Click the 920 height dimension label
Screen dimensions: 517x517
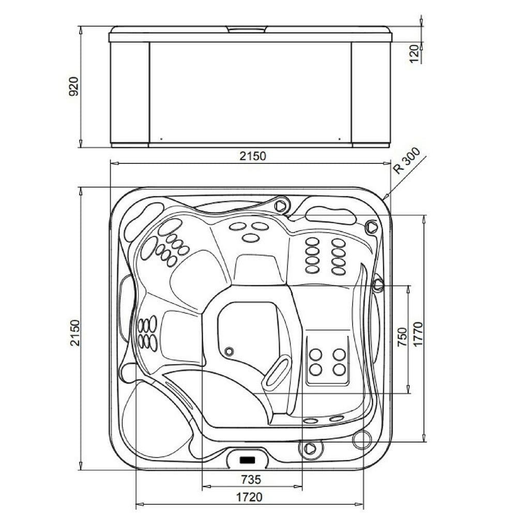pyautogui.click(x=73, y=86)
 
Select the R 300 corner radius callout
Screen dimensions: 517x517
pyautogui.click(x=407, y=161)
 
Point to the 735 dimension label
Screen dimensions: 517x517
pyautogui.click(x=251, y=479)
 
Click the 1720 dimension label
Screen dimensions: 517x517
pyautogui.click(x=250, y=497)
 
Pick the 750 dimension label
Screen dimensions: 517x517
pyautogui.click(x=402, y=337)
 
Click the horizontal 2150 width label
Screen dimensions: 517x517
pyautogui.click(x=253, y=156)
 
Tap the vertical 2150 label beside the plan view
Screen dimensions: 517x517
pyautogui.click(x=75, y=332)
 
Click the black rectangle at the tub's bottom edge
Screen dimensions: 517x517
pyautogui.click(x=248, y=459)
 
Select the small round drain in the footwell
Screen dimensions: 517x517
pyautogui.click(x=229, y=351)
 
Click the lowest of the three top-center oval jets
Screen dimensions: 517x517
pyautogui.click(x=251, y=238)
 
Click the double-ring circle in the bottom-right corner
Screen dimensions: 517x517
pyautogui.click(x=362, y=440)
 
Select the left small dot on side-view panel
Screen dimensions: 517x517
pyautogui.click(x=161, y=139)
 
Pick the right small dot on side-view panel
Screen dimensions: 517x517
pyautogui.click(x=340, y=139)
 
